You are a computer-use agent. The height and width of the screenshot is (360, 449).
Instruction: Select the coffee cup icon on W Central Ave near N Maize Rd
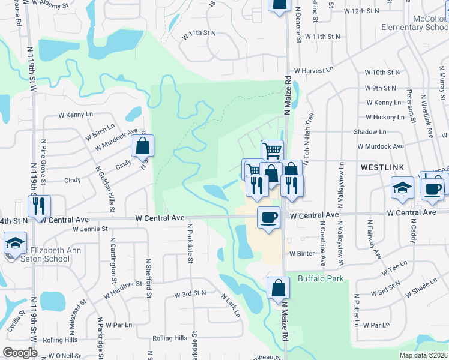point(269,217)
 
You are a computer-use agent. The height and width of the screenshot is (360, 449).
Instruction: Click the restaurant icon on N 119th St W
point(39,206)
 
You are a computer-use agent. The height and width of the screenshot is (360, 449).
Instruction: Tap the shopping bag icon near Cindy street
point(142,146)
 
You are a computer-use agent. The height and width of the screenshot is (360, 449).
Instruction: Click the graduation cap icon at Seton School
point(15,243)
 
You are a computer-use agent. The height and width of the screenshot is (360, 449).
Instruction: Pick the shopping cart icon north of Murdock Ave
point(272,151)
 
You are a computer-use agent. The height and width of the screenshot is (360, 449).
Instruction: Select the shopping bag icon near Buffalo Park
point(278,289)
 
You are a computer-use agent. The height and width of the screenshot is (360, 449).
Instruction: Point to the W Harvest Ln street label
point(314,70)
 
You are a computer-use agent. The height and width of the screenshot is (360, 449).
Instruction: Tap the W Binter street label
point(301,254)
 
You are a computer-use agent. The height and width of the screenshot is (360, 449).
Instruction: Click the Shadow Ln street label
point(370,132)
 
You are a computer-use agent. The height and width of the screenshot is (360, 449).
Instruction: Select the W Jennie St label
point(89,229)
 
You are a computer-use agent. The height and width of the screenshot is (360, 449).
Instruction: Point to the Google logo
point(20,353)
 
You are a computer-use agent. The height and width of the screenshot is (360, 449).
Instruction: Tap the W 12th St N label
point(364,11)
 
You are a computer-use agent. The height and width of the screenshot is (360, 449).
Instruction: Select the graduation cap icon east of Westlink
point(402,188)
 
